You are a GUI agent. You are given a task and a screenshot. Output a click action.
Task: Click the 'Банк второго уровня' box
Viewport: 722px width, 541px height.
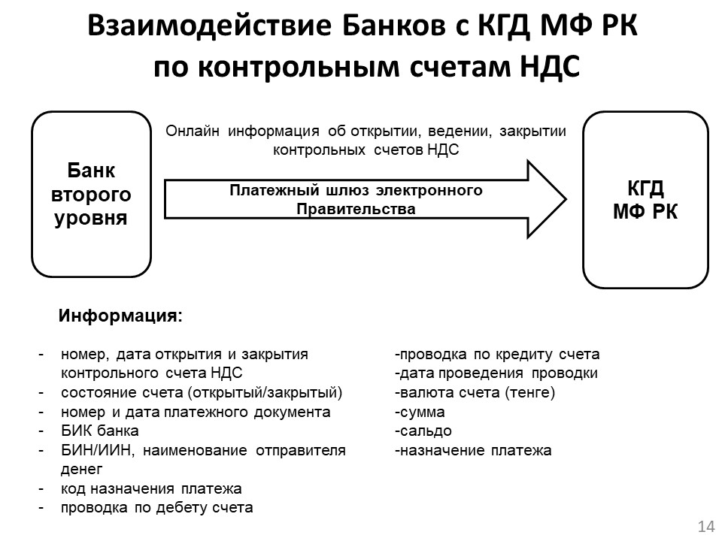pyautogui.click(x=90, y=195)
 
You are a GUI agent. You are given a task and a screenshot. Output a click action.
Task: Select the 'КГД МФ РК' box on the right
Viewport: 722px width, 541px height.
pyautogui.click(x=645, y=199)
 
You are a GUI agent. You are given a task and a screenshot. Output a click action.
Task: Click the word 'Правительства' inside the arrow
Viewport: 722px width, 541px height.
pyautogui.click(x=356, y=209)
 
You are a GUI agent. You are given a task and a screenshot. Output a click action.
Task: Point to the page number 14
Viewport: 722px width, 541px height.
pyautogui.click(x=706, y=525)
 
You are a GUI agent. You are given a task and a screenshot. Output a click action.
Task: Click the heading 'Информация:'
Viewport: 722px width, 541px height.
pyautogui.click(x=120, y=316)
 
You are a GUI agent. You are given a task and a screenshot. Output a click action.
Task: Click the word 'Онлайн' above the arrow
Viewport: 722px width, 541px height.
pyautogui.click(x=193, y=131)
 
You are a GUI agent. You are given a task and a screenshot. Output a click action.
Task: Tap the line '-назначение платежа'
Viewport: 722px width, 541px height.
pyautogui.click(x=473, y=451)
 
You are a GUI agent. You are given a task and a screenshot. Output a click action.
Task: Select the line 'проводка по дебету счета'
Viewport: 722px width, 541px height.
pyautogui.click(x=156, y=508)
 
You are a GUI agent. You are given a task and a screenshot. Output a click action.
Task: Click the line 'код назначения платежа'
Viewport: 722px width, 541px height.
pyautogui.click(x=151, y=489)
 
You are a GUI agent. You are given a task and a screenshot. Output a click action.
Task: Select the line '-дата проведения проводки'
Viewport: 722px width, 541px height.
pyautogui.click(x=496, y=373)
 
